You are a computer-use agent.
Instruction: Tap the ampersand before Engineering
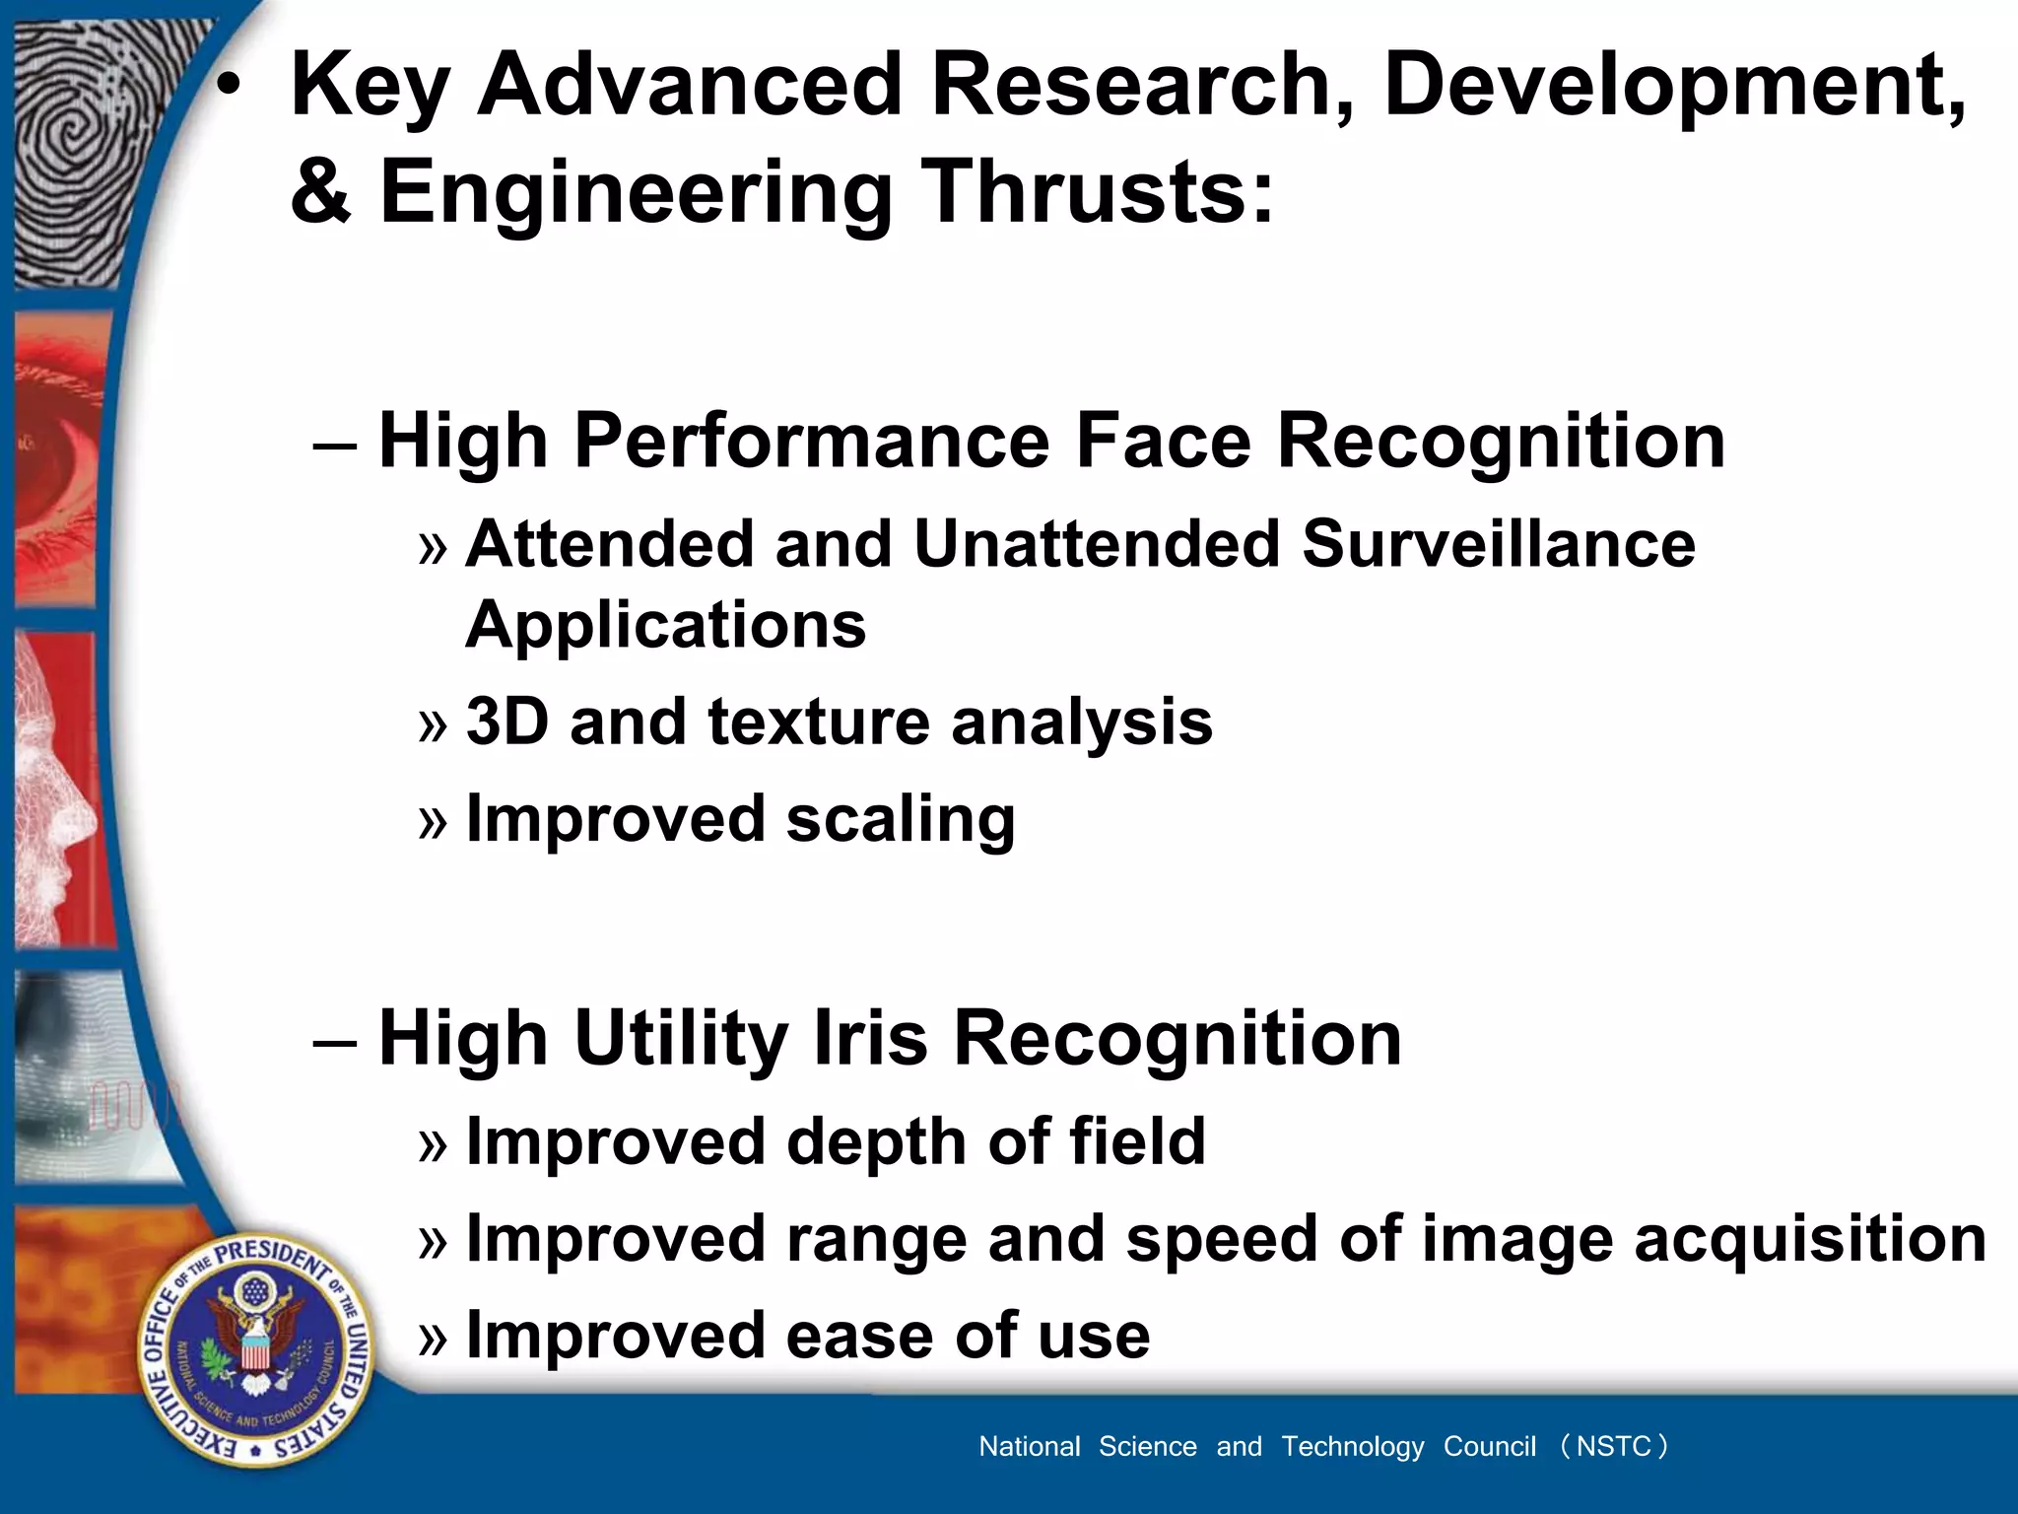[x=321, y=191]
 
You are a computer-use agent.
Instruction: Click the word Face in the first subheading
[x=1163, y=441]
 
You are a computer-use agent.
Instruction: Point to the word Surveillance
[x=1498, y=544]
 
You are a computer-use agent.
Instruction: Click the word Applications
[x=665, y=625]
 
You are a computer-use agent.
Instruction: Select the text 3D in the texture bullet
[x=506, y=722]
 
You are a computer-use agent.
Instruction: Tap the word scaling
[x=901, y=820]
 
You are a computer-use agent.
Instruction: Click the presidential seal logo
[x=255, y=1349]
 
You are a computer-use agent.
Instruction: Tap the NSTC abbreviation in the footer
[x=1613, y=1446]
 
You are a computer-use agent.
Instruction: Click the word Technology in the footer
[x=1352, y=1446]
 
